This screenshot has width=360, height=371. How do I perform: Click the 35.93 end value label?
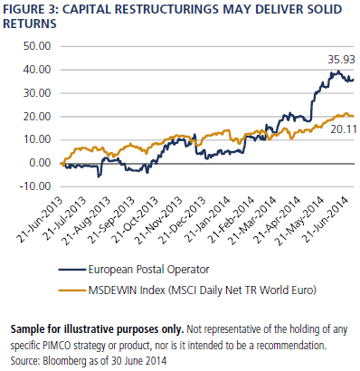pos(341,60)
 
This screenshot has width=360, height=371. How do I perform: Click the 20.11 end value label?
pos(344,129)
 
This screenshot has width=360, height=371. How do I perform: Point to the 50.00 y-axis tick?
pos(37,46)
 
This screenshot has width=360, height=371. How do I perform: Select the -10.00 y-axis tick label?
pos(34,186)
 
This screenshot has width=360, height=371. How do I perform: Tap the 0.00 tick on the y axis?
pos(40,163)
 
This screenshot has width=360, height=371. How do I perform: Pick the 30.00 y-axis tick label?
pos(37,93)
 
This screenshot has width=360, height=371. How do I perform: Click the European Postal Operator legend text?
pos(148,270)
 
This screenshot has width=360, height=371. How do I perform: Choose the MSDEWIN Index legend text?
pos(127,290)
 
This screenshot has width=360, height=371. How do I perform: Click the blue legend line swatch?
pos(72,270)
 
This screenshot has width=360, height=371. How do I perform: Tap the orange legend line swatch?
pos(72,290)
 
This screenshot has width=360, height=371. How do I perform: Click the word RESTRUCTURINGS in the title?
pos(166,10)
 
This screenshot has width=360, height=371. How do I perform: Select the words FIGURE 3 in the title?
pos(28,10)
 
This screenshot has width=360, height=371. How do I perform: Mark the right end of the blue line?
pos(354,80)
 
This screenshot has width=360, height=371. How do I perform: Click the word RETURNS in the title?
pos(30,24)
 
